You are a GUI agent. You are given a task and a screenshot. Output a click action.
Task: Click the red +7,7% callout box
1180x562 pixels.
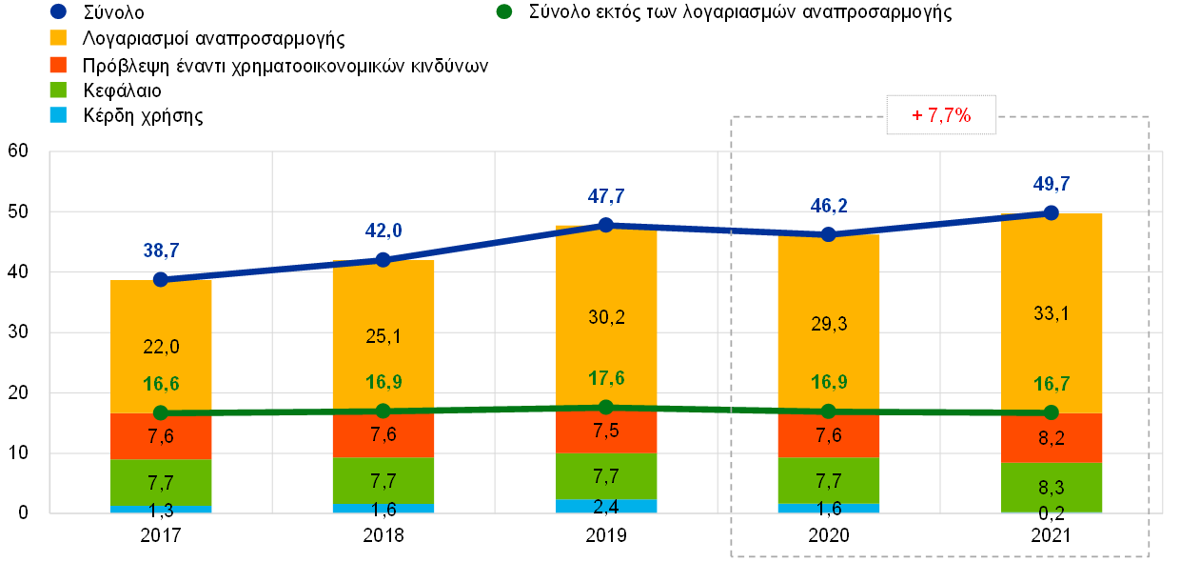point(941,115)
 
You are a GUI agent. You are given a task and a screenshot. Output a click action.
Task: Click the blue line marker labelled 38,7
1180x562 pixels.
point(161,279)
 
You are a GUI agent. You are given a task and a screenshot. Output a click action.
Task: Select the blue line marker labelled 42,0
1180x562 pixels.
point(383,259)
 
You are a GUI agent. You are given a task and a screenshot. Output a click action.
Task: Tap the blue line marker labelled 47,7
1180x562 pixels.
point(606,225)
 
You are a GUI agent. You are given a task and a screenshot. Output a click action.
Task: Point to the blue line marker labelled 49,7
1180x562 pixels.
point(1052,212)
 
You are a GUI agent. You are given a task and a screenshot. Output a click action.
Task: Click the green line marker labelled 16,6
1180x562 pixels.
point(161,412)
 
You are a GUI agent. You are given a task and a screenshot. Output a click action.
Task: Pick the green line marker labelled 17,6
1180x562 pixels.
point(606,407)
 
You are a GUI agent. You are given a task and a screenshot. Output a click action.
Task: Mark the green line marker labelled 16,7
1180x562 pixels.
point(1052,412)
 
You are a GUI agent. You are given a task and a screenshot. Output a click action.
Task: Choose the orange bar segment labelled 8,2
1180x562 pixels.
point(1052,438)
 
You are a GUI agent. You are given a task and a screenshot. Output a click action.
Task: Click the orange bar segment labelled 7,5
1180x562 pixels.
point(606,432)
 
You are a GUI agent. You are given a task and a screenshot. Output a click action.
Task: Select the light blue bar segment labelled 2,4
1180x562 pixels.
point(606,506)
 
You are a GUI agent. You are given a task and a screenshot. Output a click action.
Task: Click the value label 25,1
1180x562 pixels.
point(383,336)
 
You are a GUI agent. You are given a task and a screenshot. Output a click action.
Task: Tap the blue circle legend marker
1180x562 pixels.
point(58,11)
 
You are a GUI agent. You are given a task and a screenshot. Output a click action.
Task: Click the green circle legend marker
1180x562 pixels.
point(504,11)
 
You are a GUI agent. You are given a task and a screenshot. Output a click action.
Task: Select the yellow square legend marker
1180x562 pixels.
point(58,38)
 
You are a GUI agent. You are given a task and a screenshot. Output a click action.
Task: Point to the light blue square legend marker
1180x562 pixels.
point(58,115)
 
